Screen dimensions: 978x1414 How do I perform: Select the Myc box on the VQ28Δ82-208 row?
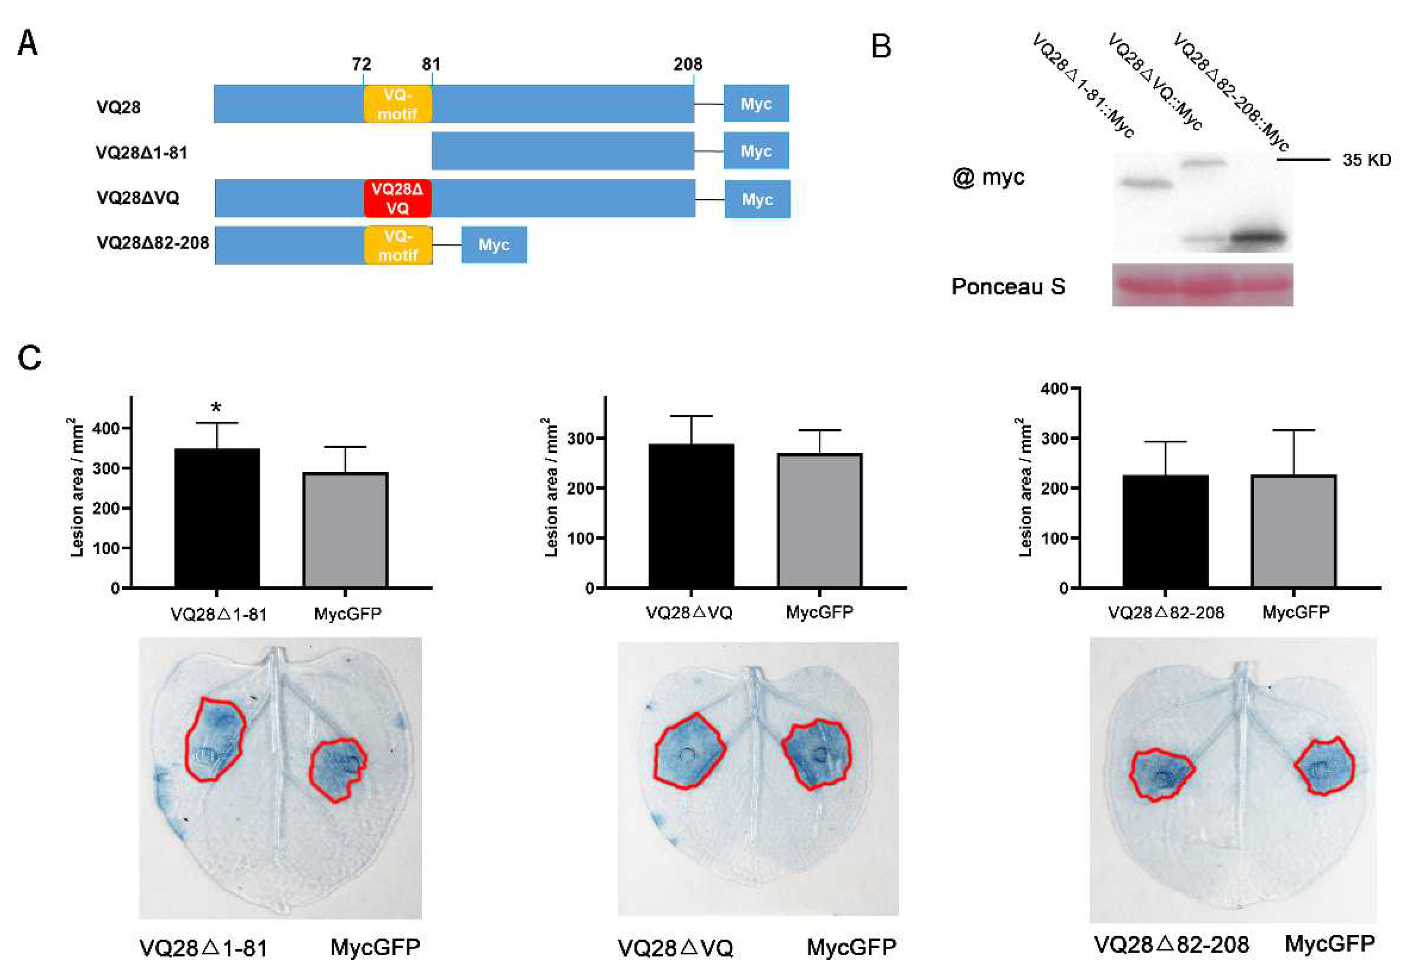tap(494, 245)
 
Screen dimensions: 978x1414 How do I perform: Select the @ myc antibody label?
tap(988, 178)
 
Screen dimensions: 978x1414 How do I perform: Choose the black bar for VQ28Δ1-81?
tap(217, 518)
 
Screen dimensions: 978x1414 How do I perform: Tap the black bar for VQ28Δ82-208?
tap(1165, 531)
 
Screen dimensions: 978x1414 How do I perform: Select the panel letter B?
tap(881, 46)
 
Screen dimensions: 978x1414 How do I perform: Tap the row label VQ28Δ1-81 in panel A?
tap(142, 153)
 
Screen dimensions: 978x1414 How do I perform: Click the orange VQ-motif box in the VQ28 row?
tap(397, 104)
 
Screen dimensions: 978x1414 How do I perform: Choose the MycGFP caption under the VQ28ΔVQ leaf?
tap(851, 947)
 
